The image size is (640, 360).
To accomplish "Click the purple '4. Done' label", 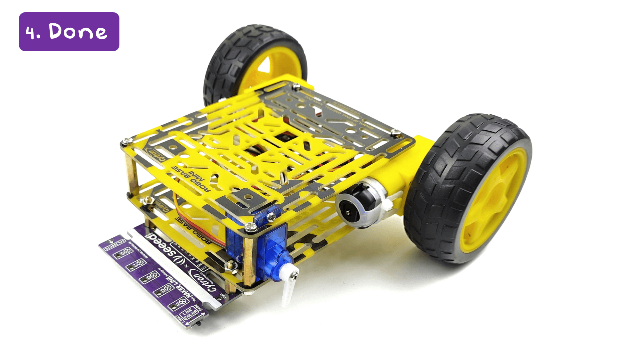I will (69, 32).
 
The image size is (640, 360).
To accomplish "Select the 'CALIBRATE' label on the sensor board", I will (116, 244).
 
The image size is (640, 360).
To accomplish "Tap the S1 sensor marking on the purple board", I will (181, 303).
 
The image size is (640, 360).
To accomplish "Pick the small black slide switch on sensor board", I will (198, 323).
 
